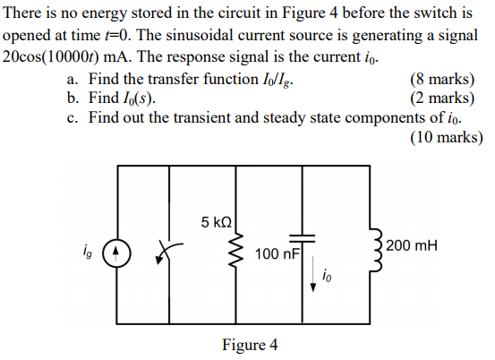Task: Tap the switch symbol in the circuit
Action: (166, 253)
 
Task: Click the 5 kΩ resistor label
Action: (216, 221)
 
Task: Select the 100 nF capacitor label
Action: (276, 255)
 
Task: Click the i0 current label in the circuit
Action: (329, 275)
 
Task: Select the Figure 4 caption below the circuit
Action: (250, 345)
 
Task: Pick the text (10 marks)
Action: (445, 137)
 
